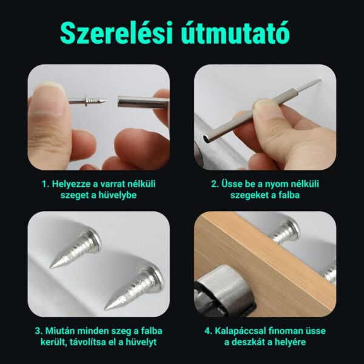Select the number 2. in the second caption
(215, 183)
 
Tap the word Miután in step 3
(59, 331)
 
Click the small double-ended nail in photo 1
(88, 101)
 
